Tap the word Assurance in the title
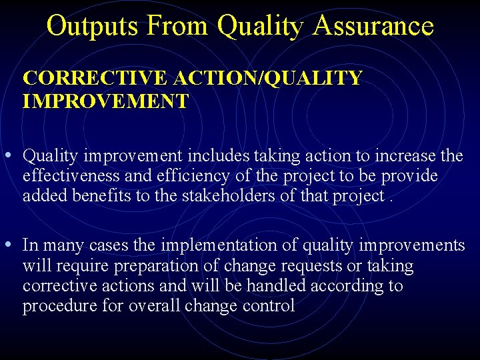[373, 26]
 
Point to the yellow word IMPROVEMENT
[105, 101]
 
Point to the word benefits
[95, 195]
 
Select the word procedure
[59, 306]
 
